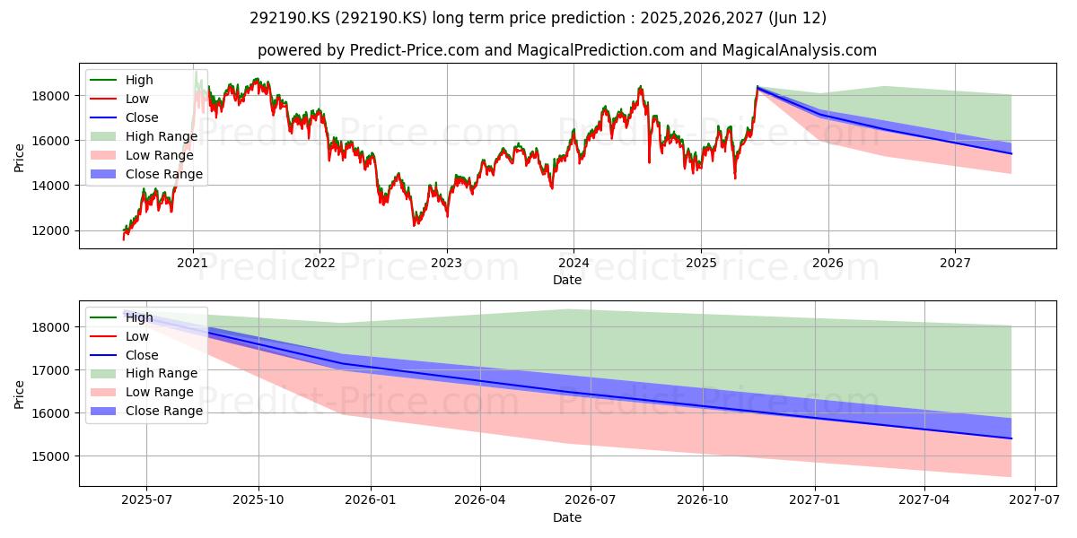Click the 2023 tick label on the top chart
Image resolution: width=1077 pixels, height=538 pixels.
pyautogui.click(x=447, y=264)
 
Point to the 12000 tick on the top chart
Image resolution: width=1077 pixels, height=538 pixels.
pyautogui.click(x=51, y=230)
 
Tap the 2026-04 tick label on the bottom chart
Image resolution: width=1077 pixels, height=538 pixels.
pyautogui.click(x=480, y=500)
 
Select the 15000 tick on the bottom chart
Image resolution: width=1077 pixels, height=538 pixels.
pyautogui.click(x=51, y=456)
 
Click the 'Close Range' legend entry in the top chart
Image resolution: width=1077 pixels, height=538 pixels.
pyautogui.click(x=146, y=174)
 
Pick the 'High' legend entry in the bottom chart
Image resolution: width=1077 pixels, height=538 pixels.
pyautogui.click(x=121, y=317)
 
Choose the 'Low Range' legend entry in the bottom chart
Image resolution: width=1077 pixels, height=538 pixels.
pyautogui.click(x=142, y=392)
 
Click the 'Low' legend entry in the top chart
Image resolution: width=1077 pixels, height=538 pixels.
pyautogui.click(x=119, y=99)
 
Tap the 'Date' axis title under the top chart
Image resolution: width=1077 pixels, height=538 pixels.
pyautogui.click(x=567, y=280)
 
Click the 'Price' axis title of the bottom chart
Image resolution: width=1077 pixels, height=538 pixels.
pyautogui.click(x=19, y=395)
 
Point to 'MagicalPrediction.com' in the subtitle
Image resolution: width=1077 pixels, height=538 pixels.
pyautogui.click(x=600, y=50)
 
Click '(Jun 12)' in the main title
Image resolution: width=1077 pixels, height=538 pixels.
pyautogui.click(x=798, y=18)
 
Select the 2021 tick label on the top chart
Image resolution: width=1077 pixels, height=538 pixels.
pyautogui.click(x=193, y=264)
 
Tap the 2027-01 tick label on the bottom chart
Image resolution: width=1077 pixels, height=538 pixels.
pyautogui.click(x=815, y=500)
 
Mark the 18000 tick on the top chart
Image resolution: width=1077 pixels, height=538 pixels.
pyautogui.click(x=51, y=96)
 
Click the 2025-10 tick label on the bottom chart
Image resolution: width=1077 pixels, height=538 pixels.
pyautogui.click(x=258, y=500)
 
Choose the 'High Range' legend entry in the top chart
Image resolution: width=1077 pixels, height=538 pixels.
pyautogui.click(x=144, y=136)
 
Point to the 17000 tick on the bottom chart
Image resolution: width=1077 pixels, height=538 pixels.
pyautogui.click(x=51, y=370)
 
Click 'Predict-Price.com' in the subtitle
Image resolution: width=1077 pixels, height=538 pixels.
pyautogui.click(x=415, y=50)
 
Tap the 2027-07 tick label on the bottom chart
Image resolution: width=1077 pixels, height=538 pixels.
pyautogui.click(x=1034, y=500)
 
